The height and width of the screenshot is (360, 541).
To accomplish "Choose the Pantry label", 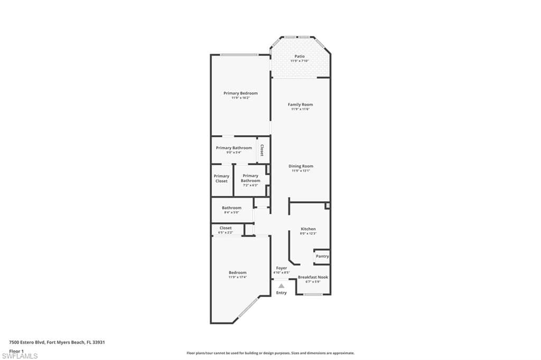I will click(x=322, y=256).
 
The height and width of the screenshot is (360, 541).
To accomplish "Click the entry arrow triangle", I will click(x=281, y=286).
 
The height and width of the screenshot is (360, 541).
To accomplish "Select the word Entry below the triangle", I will click(x=282, y=293).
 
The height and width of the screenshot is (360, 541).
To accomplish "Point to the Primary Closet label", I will click(x=221, y=178).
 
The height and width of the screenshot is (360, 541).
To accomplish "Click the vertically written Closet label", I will click(x=262, y=150).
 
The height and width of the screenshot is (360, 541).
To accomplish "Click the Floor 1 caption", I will click(x=17, y=350).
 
